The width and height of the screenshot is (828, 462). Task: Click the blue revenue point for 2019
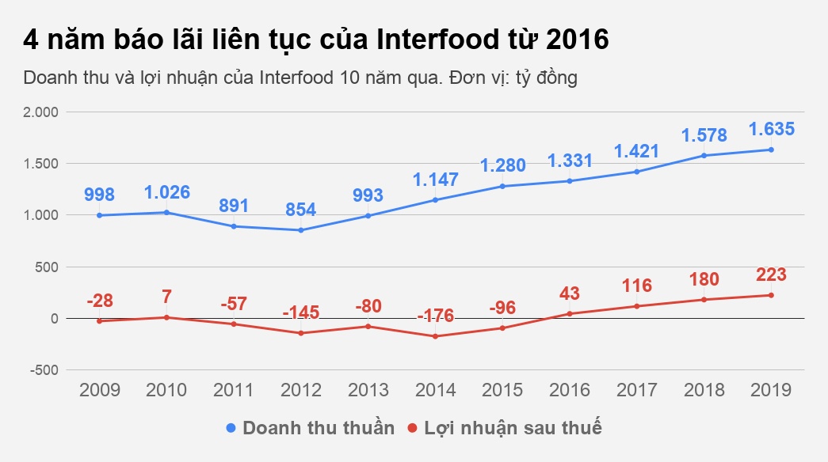click(771, 150)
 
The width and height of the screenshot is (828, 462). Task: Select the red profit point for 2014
click(435, 336)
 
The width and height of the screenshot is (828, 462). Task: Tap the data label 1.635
click(771, 129)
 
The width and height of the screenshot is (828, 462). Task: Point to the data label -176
click(435, 316)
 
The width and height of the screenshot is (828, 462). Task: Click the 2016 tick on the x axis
click(570, 390)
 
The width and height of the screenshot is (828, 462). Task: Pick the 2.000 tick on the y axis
click(41, 112)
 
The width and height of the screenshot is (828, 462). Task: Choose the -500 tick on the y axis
click(44, 370)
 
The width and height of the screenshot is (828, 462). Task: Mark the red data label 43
click(570, 293)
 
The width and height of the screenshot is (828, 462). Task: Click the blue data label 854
click(300, 210)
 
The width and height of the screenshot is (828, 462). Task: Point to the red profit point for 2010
click(166, 317)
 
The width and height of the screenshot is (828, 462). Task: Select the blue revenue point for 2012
click(300, 230)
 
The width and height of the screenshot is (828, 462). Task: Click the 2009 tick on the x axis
click(99, 390)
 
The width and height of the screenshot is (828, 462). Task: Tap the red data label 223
click(771, 275)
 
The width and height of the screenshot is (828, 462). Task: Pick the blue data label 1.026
click(166, 192)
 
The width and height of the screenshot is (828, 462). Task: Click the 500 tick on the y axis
click(48, 267)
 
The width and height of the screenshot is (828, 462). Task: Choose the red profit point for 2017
click(637, 306)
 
